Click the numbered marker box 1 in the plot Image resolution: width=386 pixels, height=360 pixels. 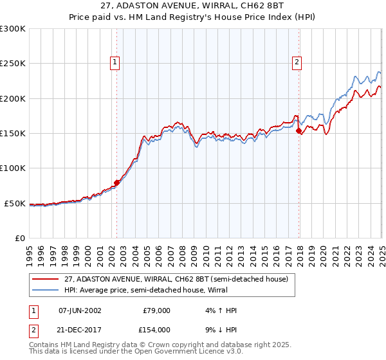[115, 62]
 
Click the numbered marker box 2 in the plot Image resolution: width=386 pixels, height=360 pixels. [297, 62]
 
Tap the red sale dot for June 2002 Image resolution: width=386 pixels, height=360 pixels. [116, 183]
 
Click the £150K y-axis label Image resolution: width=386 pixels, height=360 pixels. [13, 134]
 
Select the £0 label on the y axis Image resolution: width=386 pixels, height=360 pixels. [19, 238]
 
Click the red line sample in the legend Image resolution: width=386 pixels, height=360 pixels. [46, 279]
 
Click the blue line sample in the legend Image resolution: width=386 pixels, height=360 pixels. [46, 290]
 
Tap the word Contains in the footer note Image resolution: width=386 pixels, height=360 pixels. [44, 345]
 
